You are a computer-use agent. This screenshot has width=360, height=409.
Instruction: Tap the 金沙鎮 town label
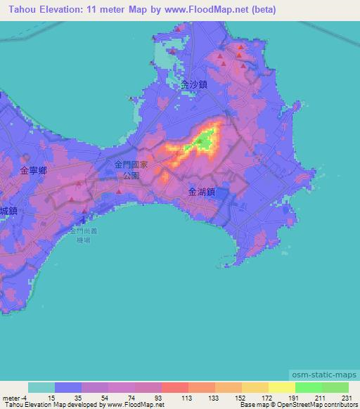(193, 84)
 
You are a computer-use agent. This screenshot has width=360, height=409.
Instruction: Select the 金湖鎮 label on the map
(202, 191)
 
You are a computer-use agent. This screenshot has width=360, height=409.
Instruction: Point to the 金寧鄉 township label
(33, 171)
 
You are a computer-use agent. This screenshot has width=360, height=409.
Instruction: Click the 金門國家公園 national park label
(131, 169)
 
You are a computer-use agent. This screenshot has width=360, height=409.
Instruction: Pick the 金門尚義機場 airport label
(85, 235)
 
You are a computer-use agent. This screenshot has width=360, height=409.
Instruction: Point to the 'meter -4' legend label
(14, 398)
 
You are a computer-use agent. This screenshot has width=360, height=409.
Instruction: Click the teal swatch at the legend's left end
(41, 388)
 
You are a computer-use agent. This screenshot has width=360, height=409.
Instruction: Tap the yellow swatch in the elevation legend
(281, 388)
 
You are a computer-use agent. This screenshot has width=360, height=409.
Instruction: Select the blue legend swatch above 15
(68, 388)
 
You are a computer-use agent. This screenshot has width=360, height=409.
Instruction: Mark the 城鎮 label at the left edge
(8, 210)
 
